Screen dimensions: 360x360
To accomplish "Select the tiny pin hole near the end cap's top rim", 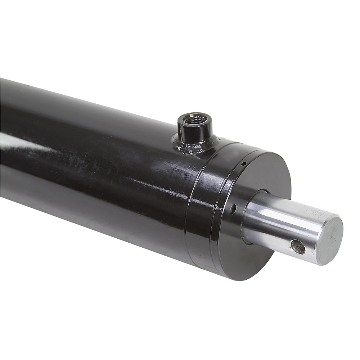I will pyautogui.click(x=244, y=164).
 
